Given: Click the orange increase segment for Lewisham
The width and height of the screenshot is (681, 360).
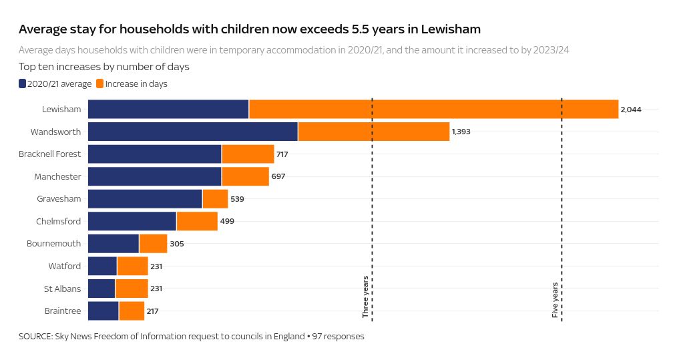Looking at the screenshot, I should pyautogui.click(x=433, y=109).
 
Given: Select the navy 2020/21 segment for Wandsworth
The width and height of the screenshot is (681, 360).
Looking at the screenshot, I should pyautogui.click(x=193, y=132).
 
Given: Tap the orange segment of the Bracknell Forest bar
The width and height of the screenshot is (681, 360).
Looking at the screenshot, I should pyautogui.click(x=248, y=154).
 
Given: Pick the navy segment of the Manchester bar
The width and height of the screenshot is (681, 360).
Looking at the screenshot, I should pyautogui.click(x=154, y=177).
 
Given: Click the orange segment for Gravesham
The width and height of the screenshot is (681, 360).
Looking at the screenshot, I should pyautogui.click(x=215, y=199).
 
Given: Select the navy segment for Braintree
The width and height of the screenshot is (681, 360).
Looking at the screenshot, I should pyautogui.click(x=103, y=311).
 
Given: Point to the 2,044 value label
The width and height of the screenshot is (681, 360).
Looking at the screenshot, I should pyautogui.click(x=631, y=109).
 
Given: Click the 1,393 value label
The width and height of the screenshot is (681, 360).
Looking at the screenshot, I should pyautogui.click(x=461, y=132).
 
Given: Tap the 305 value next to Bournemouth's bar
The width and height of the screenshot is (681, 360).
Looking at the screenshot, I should pyautogui.click(x=177, y=244).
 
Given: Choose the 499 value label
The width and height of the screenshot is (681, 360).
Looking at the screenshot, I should pyautogui.click(x=227, y=221).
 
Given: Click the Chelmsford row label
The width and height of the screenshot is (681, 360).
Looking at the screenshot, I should pyautogui.click(x=58, y=221).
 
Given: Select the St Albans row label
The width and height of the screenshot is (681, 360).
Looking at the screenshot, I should pyautogui.click(x=62, y=289).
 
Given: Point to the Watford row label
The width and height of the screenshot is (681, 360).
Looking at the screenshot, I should pyautogui.click(x=64, y=266).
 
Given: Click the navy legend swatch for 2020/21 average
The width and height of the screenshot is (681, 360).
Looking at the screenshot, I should pyautogui.click(x=23, y=83).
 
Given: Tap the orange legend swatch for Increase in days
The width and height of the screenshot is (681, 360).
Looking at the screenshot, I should pyautogui.click(x=100, y=83).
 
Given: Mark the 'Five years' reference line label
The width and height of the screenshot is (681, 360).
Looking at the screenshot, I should pyautogui.click(x=555, y=300).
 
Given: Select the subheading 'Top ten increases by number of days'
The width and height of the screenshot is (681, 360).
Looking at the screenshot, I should pyautogui.click(x=104, y=67).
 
